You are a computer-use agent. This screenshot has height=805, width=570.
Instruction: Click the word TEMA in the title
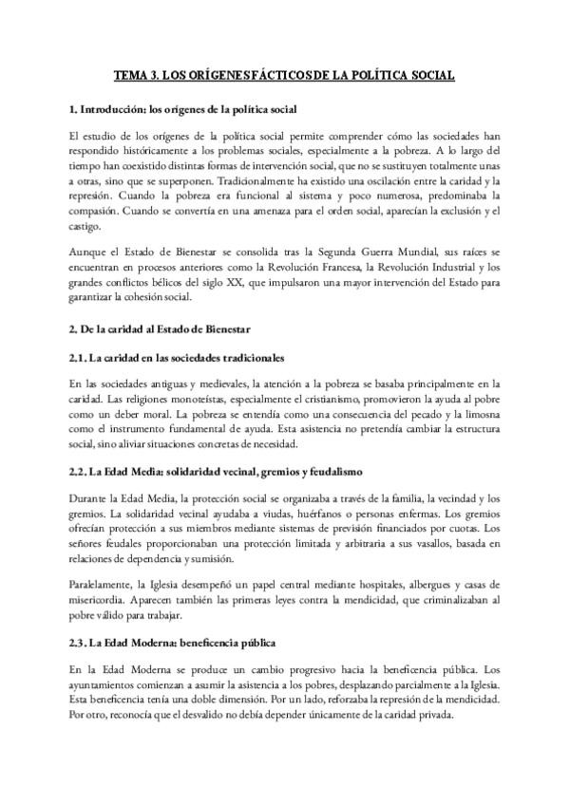tap(130, 73)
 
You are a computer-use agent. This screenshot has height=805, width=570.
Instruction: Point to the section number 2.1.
tap(80, 357)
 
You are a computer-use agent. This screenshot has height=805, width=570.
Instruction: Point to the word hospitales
tap(346, 585)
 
